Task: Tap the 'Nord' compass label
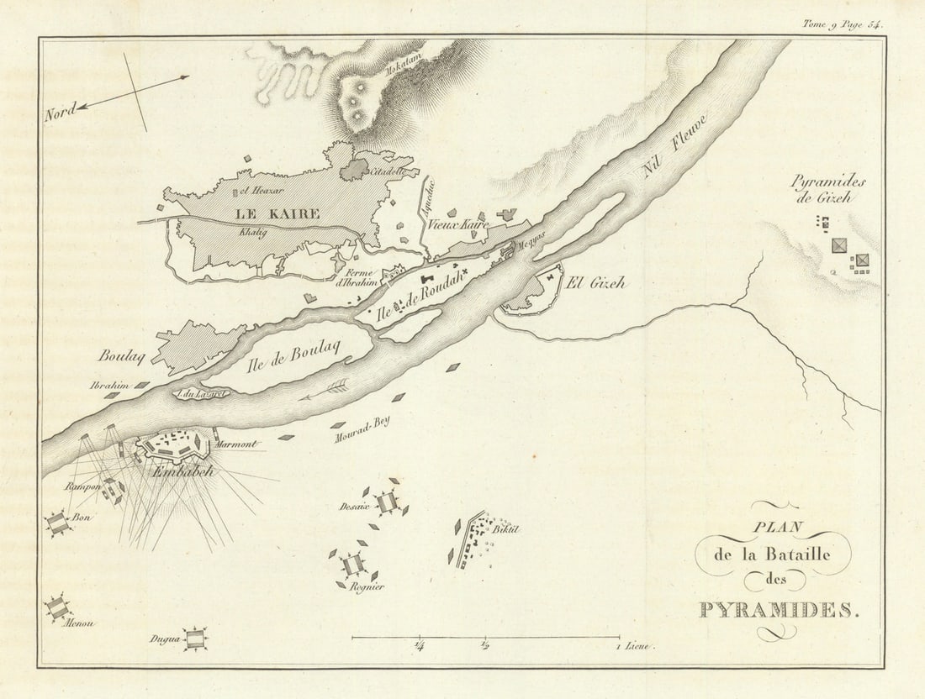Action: [x=61, y=109]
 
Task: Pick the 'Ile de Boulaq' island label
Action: [x=299, y=354]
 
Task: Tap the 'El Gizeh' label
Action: [x=596, y=283]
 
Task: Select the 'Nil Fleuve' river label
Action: [x=676, y=145]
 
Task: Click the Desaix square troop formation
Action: [x=386, y=502]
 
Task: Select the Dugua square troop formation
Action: [x=195, y=639]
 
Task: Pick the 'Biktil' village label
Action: [x=506, y=528]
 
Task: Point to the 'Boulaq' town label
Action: [x=122, y=355]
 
